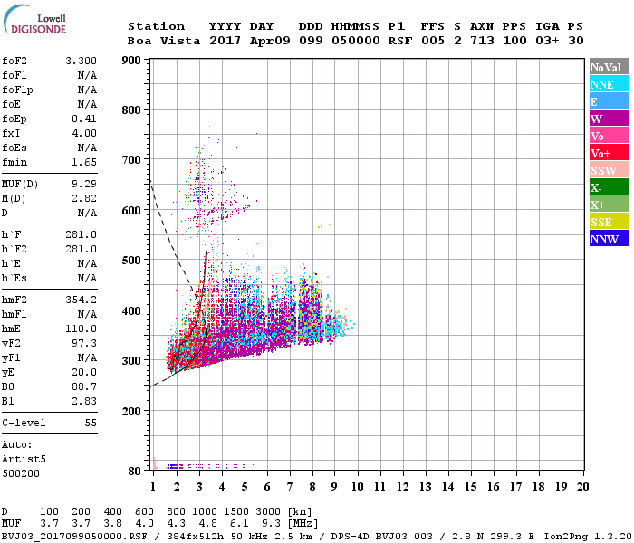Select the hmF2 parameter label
tap(15, 300)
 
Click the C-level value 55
tap(90, 423)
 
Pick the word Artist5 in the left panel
tap(23, 459)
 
